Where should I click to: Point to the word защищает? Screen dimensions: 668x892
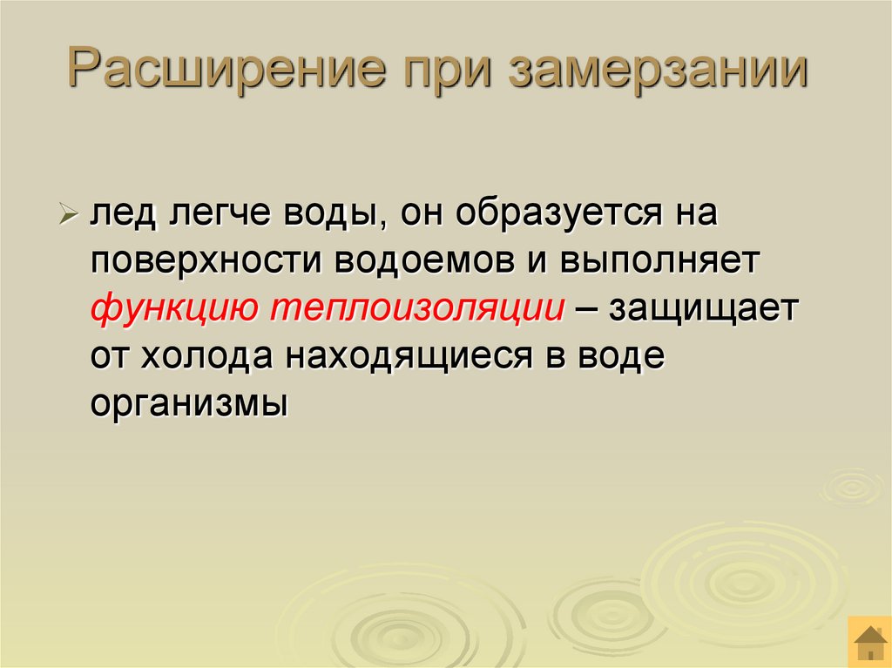(702, 310)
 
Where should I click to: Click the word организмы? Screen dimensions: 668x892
(187, 405)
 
